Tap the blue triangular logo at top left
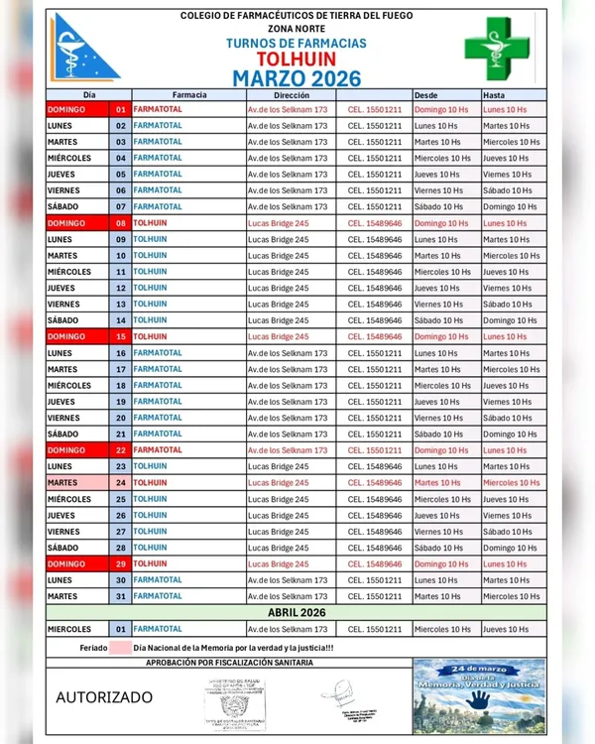(x=85, y=47)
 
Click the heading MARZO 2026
(x=297, y=78)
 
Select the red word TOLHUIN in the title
(x=297, y=60)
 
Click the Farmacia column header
(x=188, y=94)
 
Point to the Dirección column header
(x=292, y=94)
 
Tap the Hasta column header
(x=493, y=94)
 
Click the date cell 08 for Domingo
(x=120, y=223)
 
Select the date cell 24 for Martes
(x=120, y=483)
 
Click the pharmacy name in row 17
(x=158, y=369)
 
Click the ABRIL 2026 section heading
(x=297, y=612)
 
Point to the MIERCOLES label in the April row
(x=69, y=629)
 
